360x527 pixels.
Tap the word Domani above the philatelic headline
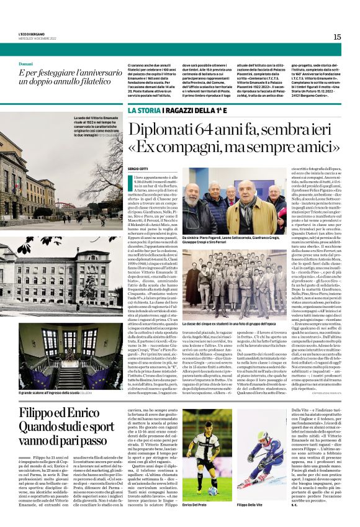[x=25, y=64]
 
